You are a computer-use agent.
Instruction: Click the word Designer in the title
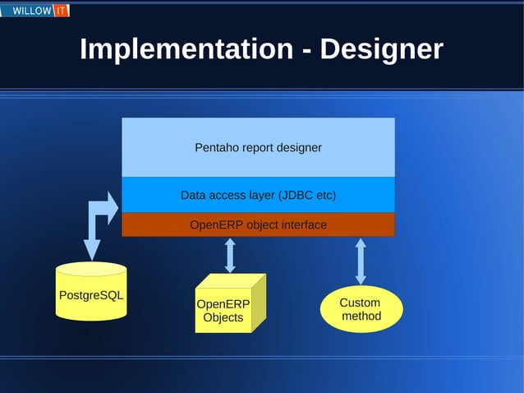tap(381, 49)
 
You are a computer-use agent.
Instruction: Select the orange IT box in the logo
tap(62, 11)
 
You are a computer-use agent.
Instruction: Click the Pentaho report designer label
tap(258, 148)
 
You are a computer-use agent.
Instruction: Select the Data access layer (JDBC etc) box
tap(258, 196)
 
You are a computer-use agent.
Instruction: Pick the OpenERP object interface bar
tap(258, 224)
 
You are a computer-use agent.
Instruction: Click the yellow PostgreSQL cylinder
tap(91, 293)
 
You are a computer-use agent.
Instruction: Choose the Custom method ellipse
tap(361, 309)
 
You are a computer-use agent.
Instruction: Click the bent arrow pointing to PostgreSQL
tap(96, 222)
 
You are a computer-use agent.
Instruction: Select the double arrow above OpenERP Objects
tap(230, 255)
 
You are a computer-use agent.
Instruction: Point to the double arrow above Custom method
tap(361, 260)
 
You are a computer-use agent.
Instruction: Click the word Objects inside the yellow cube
tap(223, 317)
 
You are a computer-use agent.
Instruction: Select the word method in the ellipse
tap(361, 317)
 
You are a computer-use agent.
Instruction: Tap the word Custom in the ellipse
tap(360, 303)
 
